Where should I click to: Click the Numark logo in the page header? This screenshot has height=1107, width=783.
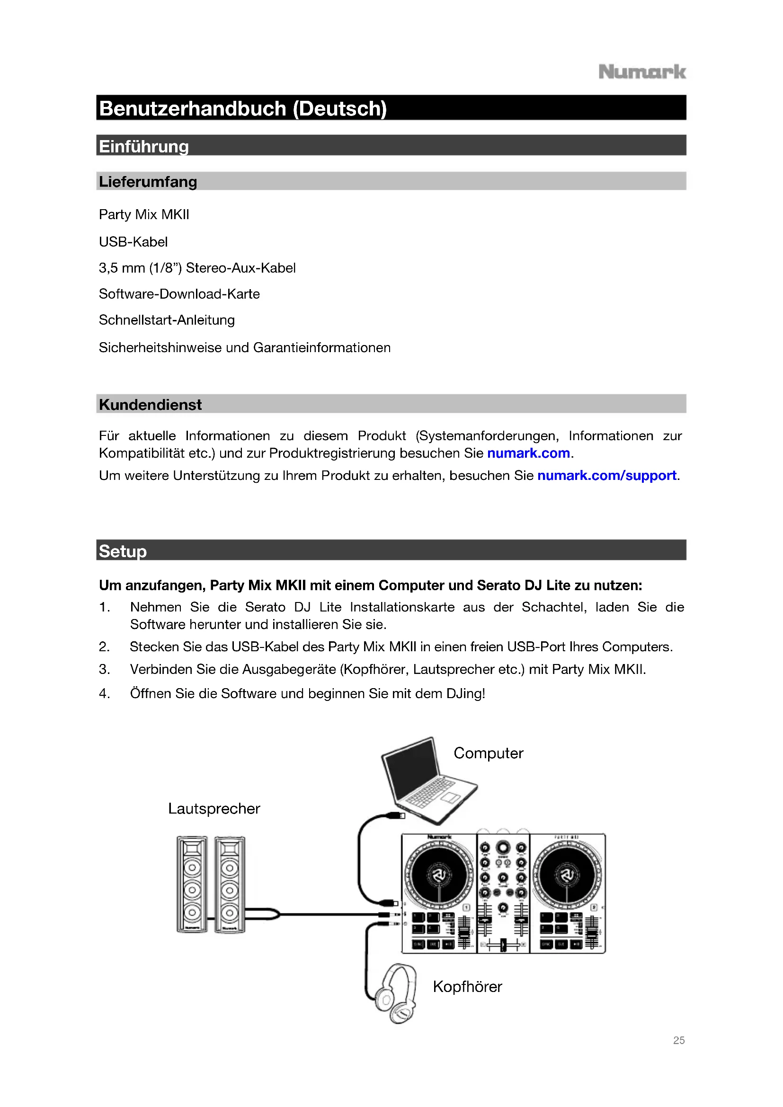click(x=642, y=72)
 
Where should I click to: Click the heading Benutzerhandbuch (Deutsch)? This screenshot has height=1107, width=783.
click(x=243, y=108)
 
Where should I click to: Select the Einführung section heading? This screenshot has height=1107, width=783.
click(x=144, y=146)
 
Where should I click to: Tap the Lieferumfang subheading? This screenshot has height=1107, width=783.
click(x=148, y=182)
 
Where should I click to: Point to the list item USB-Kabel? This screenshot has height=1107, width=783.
click(x=133, y=241)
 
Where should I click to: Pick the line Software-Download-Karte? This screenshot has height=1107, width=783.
click(x=179, y=293)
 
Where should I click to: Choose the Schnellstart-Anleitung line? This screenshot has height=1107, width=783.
click(x=166, y=320)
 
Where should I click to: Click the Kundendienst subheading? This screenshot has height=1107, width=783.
click(x=151, y=405)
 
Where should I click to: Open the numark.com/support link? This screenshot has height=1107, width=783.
click(x=606, y=475)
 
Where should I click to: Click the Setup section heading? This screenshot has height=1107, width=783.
click(x=123, y=551)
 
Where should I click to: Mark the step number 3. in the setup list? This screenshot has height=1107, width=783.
click(x=104, y=669)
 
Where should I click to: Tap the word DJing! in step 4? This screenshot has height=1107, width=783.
click(x=465, y=693)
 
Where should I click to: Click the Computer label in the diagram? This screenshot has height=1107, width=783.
click(x=488, y=753)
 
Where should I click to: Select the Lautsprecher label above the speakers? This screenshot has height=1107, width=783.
click(x=214, y=808)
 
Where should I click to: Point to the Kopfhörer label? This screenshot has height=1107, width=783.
click(x=467, y=986)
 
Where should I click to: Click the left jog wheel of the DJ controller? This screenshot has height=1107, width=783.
click(x=439, y=875)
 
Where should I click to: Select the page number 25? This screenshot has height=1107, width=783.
click(x=679, y=1040)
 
